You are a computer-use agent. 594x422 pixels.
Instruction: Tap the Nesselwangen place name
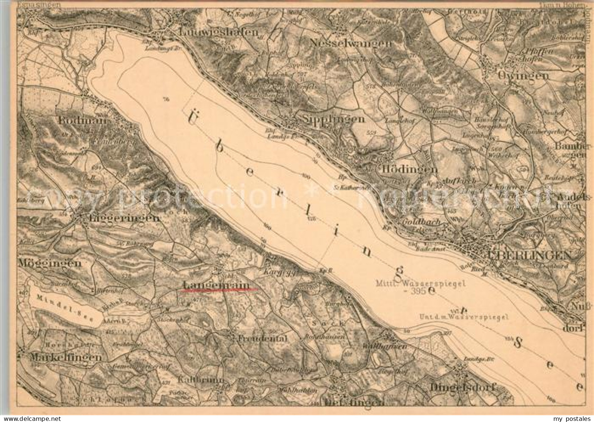(x=351, y=43)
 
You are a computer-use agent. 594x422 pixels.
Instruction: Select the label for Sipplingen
(x=333, y=119)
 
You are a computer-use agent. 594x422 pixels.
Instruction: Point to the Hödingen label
(x=409, y=169)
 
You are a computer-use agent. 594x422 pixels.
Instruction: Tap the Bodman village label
(x=83, y=120)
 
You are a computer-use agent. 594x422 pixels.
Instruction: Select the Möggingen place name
(x=49, y=263)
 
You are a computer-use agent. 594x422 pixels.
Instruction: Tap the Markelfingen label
(x=66, y=357)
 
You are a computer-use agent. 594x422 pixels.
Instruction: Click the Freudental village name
(x=263, y=338)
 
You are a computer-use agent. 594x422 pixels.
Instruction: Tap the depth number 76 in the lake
(x=166, y=99)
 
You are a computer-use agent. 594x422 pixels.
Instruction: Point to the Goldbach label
(x=421, y=221)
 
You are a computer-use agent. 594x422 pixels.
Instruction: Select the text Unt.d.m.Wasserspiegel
(x=463, y=317)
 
